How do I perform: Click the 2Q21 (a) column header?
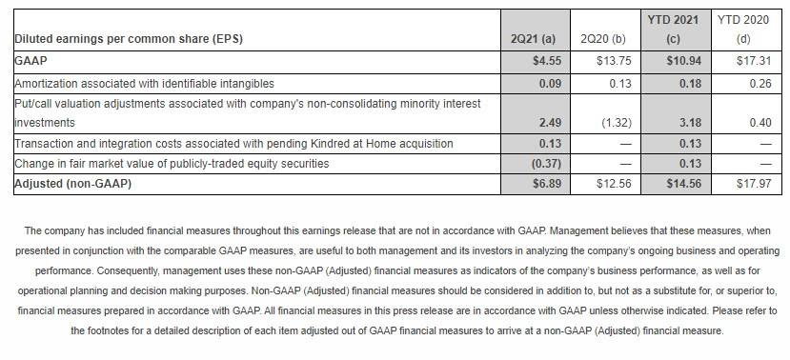coord(533,39)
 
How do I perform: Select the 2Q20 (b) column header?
coord(603,39)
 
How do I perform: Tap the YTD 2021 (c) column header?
coord(673,30)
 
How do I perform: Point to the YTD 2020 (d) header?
coord(743,30)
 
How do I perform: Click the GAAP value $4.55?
coord(547,61)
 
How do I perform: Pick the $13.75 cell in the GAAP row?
coord(614,61)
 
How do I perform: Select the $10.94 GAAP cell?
coord(683,61)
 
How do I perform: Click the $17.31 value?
coord(754,61)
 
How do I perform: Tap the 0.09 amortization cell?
coord(550,84)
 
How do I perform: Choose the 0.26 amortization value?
coord(760,84)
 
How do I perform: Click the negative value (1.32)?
coord(617,123)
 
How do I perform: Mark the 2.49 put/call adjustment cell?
coord(550,123)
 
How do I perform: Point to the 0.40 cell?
coord(760,123)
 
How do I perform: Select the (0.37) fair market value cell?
coord(547,164)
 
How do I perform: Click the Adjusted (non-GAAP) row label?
coord(73,184)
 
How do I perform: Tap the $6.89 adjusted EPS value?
coord(547,184)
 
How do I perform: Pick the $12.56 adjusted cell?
coord(614,184)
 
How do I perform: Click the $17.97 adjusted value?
coord(754,184)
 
